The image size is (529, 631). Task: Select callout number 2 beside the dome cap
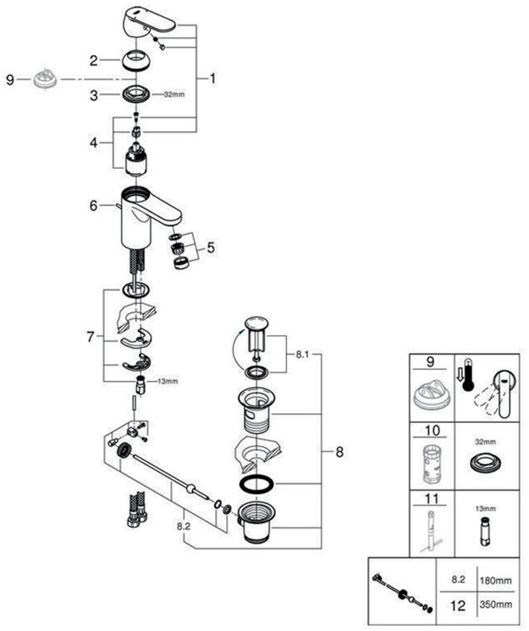tap(93, 61)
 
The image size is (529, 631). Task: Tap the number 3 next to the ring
tap(93, 95)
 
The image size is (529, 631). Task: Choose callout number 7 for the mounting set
tap(90, 335)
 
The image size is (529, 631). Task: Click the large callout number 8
tap(339, 452)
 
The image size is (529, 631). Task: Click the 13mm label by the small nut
tap(168, 381)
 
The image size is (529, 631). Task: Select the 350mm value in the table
tap(495, 606)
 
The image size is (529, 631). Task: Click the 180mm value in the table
tap(495, 581)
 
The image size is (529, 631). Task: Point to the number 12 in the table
tap(457, 606)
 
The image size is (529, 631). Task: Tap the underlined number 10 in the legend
tap(432, 431)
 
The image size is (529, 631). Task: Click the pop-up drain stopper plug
tap(258, 331)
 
